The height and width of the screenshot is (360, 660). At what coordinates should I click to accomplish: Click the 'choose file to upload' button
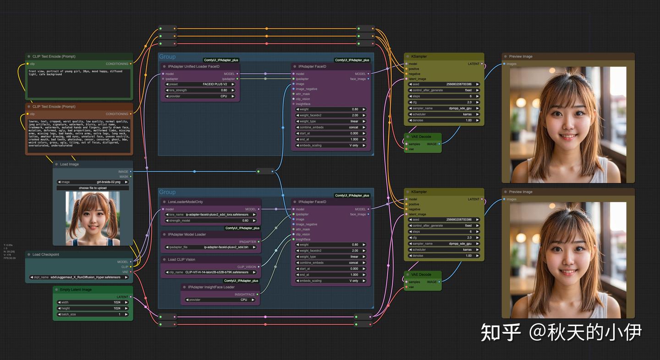click(x=93, y=188)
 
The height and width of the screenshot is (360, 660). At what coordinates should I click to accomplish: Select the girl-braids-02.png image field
click(x=93, y=182)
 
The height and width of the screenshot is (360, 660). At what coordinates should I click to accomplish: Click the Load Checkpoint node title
click(x=46, y=254)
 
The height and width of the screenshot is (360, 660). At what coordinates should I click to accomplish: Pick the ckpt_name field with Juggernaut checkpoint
click(x=79, y=277)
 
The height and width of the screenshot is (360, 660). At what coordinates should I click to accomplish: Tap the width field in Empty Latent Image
click(x=93, y=302)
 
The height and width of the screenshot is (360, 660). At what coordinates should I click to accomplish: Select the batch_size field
click(x=93, y=314)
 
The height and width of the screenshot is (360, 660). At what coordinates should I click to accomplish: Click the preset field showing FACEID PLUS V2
click(x=200, y=84)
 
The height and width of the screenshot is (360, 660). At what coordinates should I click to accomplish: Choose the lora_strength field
click(x=200, y=90)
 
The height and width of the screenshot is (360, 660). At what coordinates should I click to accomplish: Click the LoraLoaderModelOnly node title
click(x=185, y=202)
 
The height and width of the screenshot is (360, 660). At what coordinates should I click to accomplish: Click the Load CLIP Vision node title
click(x=181, y=259)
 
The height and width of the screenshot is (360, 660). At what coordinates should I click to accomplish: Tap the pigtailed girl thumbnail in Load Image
click(x=93, y=218)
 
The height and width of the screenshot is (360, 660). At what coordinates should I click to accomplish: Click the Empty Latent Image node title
click(x=76, y=289)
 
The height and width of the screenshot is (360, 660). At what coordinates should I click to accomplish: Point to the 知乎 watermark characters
click(x=501, y=333)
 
